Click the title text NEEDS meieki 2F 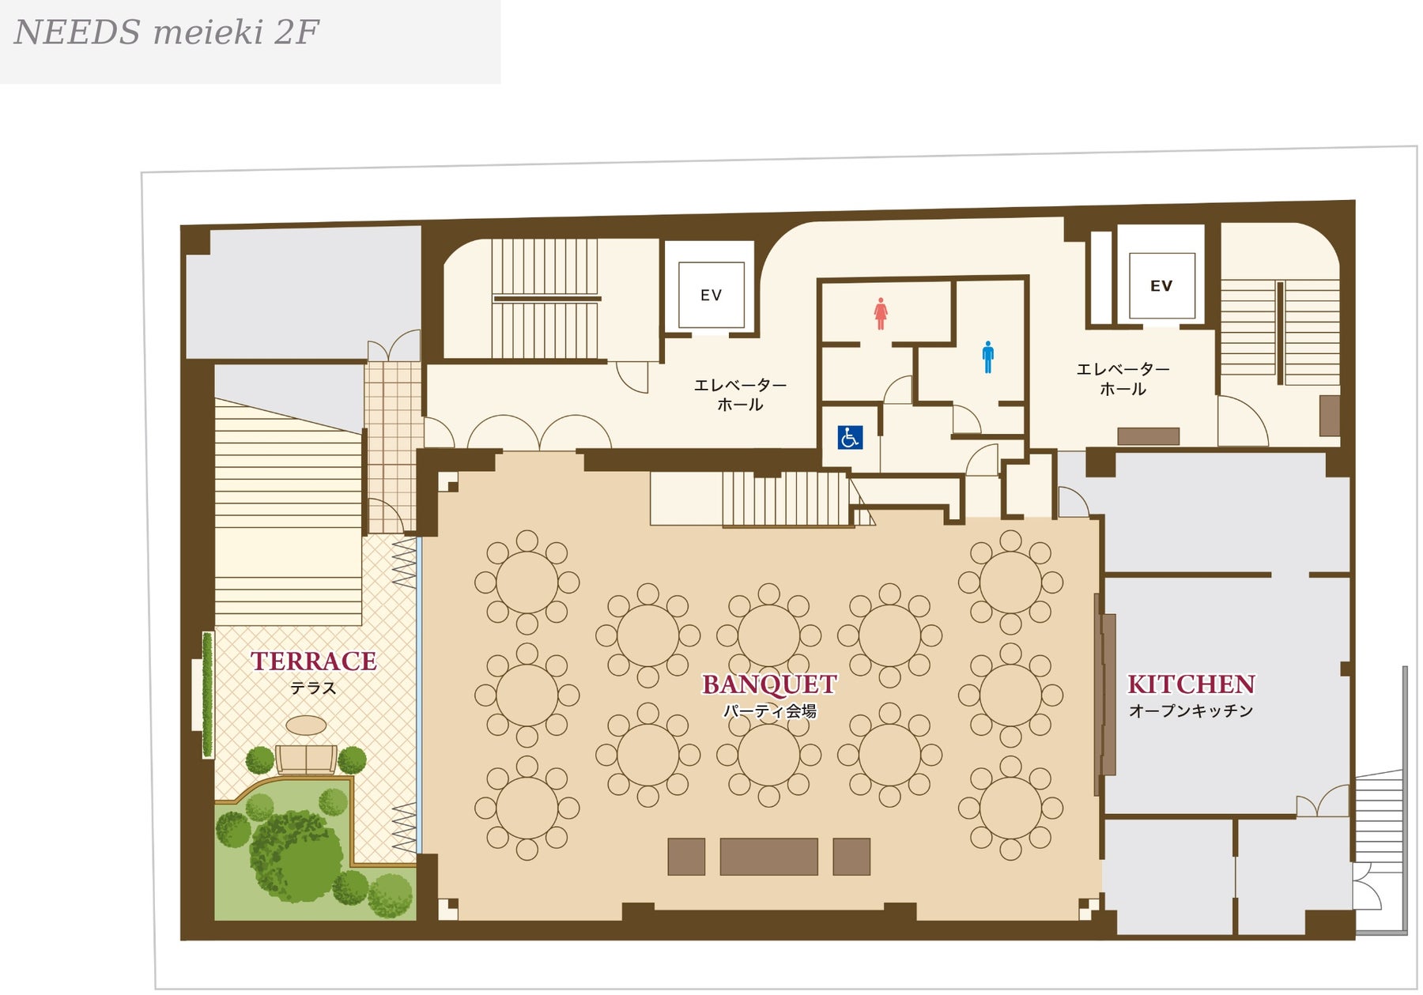pos(167,32)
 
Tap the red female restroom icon pos(881,314)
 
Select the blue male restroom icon pos(987,357)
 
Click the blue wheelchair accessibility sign pos(850,437)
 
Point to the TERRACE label pos(314,661)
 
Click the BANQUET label pos(769,684)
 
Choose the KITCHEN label pos(1191,684)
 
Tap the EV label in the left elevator pos(711,296)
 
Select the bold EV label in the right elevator pos(1161,286)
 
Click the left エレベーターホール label pos(740,394)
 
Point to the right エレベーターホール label pos(1123,379)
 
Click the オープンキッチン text pos(1191,711)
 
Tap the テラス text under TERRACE pos(313,688)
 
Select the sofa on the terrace pos(306,759)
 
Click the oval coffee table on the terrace pos(306,726)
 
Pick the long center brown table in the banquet pos(768,857)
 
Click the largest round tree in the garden pos(296,856)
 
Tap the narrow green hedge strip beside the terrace pos(207,695)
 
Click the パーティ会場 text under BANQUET pos(769,711)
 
